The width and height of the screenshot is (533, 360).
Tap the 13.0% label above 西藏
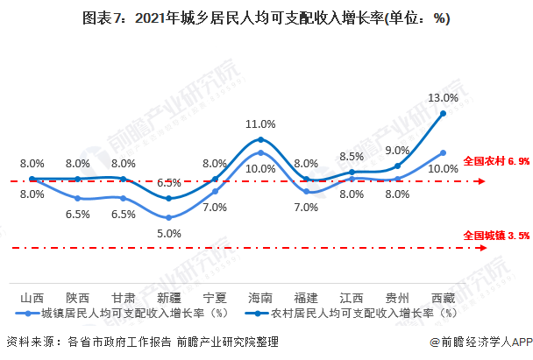(x=444, y=97)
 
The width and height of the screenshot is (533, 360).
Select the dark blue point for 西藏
(x=444, y=113)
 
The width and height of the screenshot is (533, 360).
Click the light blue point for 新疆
(x=169, y=217)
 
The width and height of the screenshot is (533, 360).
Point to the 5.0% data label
(x=169, y=233)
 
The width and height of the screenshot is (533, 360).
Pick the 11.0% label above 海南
(x=261, y=125)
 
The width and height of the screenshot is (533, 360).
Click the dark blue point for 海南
(x=261, y=139)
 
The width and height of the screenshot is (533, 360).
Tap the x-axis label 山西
(x=32, y=298)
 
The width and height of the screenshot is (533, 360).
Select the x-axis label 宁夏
(x=215, y=298)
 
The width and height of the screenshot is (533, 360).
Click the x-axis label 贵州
(x=398, y=298)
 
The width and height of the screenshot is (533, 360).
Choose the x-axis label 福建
(x=307, y=298)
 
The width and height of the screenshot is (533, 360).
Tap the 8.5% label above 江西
(x=352, y=157)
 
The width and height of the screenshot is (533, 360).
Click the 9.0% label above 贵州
(x=398, y=150)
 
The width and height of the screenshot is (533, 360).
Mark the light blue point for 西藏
(x=444, y=152)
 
